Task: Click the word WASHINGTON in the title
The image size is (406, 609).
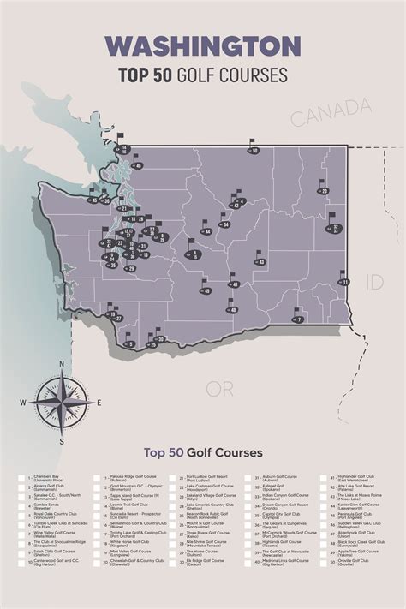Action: pos(203,45)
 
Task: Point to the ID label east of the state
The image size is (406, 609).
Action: pos(374,281)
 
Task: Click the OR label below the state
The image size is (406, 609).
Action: pos(219,389)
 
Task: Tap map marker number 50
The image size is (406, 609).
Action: pos(254,150)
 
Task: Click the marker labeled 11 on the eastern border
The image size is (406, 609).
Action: pos(344,281)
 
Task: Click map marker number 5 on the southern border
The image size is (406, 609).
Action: pos(130,343)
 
